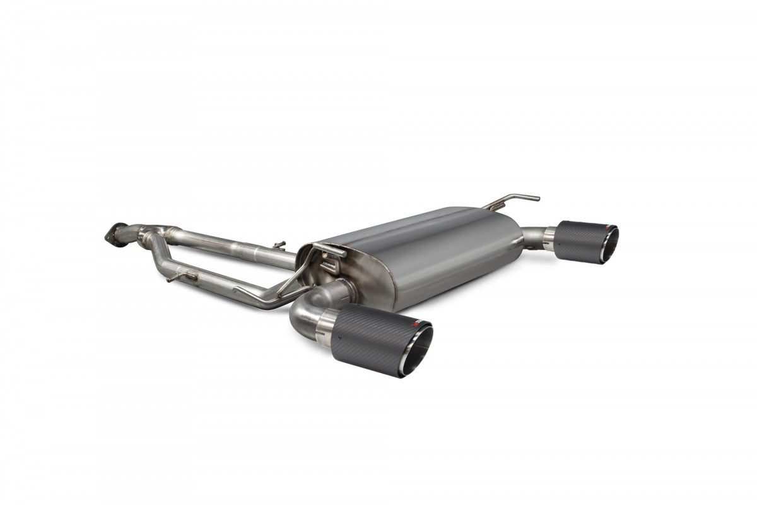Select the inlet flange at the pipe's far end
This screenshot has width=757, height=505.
coord(114,234)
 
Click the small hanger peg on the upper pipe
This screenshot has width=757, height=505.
coord(279,244)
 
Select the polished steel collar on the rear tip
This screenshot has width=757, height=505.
coord(549,237)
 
